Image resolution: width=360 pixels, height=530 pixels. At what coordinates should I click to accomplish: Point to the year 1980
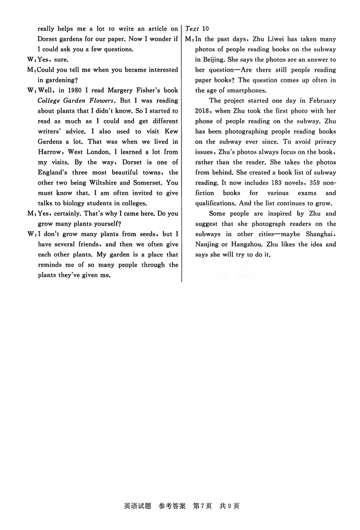[74, 90]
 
